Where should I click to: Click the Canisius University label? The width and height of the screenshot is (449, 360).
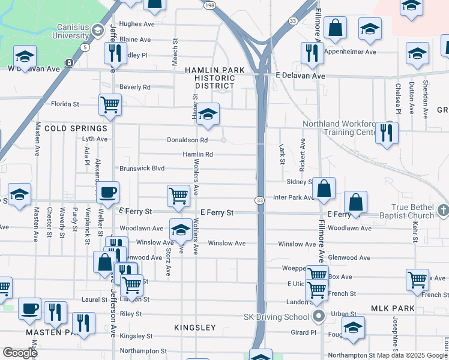click(80, 32)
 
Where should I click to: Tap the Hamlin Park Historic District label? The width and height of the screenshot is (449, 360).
click(214, 78)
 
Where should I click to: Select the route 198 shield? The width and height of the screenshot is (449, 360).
click(209, 5)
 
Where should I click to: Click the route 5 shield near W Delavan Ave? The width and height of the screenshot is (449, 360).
click(86, 47)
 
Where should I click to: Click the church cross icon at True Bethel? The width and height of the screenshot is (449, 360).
click(443, 210)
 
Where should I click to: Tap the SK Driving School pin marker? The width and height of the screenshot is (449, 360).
click(318, 316)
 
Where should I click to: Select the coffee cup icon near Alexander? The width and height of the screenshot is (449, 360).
click(108, 192)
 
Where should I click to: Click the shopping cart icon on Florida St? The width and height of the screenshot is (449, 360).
click(110, 104)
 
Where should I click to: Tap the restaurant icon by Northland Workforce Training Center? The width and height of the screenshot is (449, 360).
click(388, 131)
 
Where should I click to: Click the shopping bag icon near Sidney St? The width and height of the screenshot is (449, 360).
click(324, 188)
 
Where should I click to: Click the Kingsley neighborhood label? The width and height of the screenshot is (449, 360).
click(194, 328)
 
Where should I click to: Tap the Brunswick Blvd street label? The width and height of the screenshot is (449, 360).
click(142, 169)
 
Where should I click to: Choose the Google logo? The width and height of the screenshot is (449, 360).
click(20, 353)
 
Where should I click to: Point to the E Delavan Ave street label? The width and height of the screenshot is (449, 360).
click(300, 76)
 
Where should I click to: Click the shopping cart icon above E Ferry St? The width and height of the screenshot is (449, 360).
click(179, 195)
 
